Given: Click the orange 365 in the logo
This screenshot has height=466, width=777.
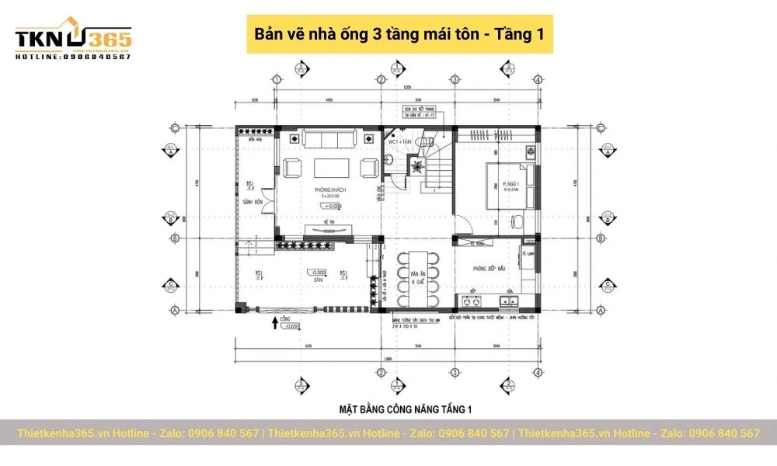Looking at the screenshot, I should tap(110, 38).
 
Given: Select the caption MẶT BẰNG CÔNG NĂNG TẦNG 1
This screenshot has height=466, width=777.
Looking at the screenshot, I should tap(406, 408).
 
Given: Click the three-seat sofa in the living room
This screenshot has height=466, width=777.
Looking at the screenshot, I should tap(329, 140).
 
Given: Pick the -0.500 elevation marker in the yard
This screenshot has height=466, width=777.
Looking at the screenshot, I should tap(317, 273).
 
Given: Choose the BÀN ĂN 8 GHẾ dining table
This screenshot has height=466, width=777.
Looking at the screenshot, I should tap(418, 277).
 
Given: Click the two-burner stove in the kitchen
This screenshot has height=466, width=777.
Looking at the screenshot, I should tap(472, 299).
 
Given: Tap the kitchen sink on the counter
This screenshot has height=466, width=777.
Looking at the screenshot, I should tap(510, 299).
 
